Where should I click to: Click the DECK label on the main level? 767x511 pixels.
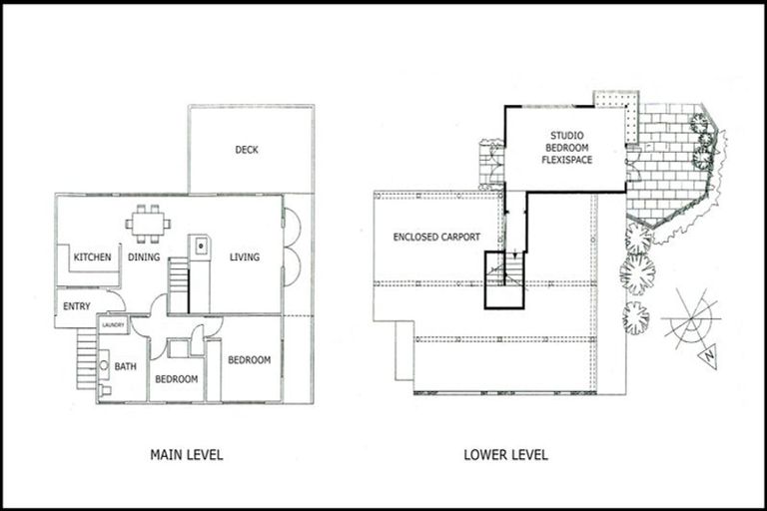[247, 150]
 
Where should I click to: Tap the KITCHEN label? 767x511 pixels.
[92, 257]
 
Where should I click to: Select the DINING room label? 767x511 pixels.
[145, 257]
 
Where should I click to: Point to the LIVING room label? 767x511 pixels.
[245, 257]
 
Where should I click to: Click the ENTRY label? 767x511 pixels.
[77, 306]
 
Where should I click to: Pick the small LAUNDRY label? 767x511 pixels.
[113, 325]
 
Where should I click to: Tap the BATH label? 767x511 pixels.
[126, 367]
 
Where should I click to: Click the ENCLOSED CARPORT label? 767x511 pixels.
[436, 238]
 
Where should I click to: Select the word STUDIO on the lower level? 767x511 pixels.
[567, 136]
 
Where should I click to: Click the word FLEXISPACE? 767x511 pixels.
[567, 160]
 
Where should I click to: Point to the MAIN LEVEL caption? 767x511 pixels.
[186, 455]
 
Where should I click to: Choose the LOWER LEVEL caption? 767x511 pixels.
[505, 455]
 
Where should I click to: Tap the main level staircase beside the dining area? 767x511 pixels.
[178, 285]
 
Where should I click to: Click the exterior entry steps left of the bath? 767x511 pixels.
[86, 359]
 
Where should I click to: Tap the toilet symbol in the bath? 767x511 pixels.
[104, 370]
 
